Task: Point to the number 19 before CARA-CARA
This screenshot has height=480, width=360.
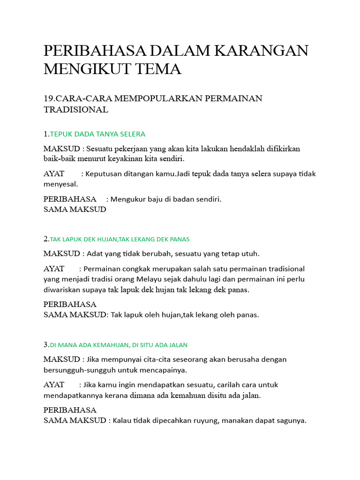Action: pos(48,98)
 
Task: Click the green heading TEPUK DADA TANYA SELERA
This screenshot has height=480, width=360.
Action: pos(97,134)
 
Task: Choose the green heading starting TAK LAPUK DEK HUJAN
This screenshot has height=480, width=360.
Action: pos(120,239)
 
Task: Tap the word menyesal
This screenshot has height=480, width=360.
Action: pos(61,184)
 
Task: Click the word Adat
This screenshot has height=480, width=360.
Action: pos(95,254)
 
